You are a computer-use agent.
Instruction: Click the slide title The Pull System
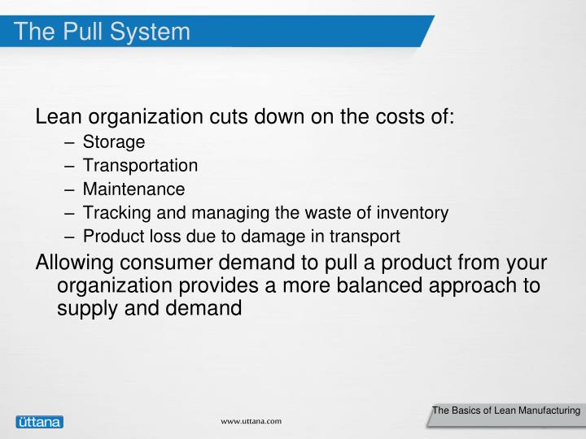tap(103, 32)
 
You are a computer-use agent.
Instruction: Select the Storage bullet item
tap(114, 142)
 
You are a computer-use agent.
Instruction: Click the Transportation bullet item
tap(140, 166)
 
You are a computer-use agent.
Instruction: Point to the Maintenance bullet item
tap(133, 189)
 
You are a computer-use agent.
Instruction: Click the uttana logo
tap(39, 422)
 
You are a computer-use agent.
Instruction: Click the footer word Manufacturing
tap(546, 411)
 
